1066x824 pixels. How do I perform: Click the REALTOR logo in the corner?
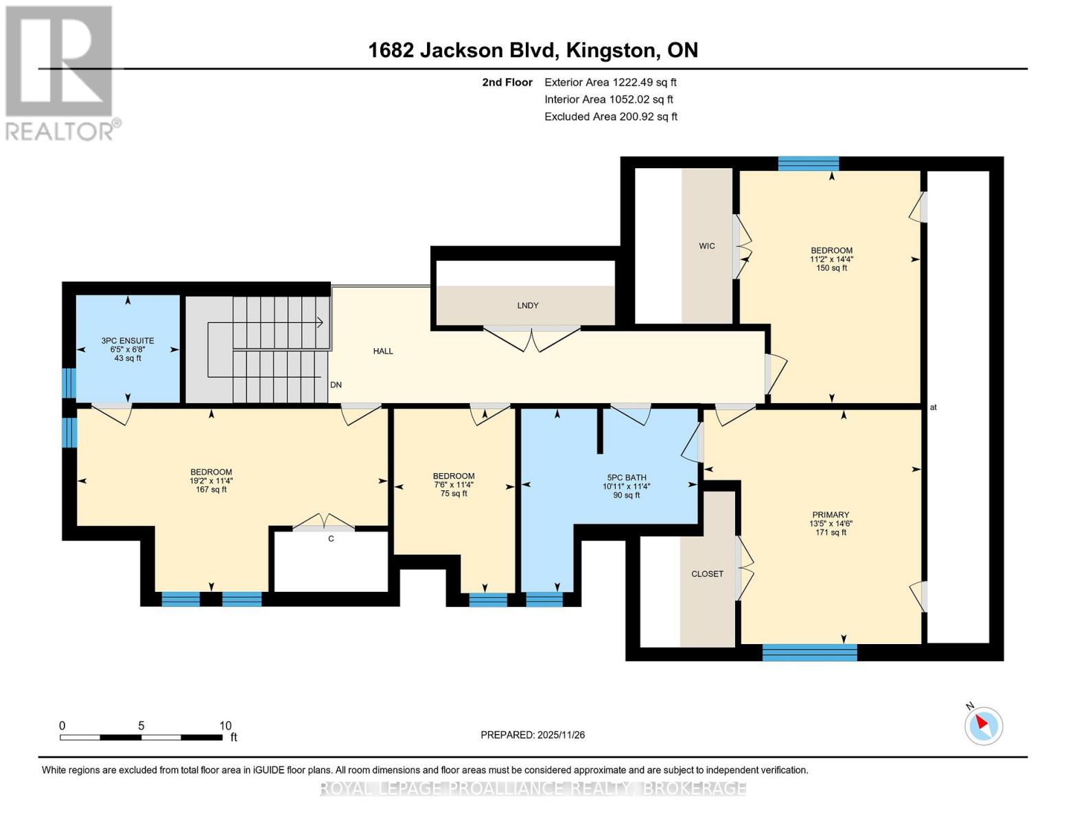(x=60, y=72)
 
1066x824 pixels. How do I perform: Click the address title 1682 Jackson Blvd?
(x=533, y=50)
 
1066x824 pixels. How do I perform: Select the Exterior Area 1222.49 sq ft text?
(x=610, y=82)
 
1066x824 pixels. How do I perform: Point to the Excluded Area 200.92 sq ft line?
(x=610, y=117)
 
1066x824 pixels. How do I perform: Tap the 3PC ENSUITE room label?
(x=128, y=341)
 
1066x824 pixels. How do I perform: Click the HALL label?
(x=383, y=351)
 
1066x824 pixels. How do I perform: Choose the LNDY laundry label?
(x=528, y=306)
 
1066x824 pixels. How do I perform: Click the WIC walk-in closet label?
(x=707, y=246)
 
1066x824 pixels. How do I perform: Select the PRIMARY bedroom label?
(x=831, y=515)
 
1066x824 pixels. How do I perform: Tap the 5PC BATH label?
(x=626, y=478)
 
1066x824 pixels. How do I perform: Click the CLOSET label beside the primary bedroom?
(x=707, y=574)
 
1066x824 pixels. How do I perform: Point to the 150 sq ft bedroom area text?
(x=831, y=268)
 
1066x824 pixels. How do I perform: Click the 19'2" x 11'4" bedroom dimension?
(x=211, y=481)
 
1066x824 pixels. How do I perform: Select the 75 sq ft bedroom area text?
(x=454, y=494)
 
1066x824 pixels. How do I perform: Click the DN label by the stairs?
(x=336, y=385)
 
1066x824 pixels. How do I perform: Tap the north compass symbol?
(x=984, y=725)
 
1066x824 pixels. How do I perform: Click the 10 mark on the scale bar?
(x=225, y=726)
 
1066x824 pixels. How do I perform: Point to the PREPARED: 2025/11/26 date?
(x=533, y=735)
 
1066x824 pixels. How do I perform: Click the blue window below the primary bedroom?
(x=809, y=652)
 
